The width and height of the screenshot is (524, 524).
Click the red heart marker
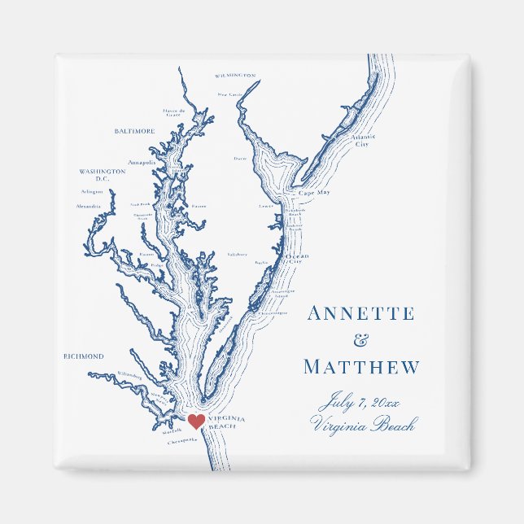coord(195,421)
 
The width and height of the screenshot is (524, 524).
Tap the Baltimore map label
coord(134,131)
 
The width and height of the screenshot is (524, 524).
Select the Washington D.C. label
coord(103,175)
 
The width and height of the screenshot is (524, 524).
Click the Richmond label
coord(84,356)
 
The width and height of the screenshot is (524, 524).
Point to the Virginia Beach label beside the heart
coord(227,422)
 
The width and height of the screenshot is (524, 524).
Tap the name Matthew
coord(361,367)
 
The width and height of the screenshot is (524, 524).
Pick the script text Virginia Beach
coord(363,424)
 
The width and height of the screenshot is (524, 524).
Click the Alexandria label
coord(89,207)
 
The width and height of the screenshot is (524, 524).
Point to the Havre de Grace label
coord(174,112)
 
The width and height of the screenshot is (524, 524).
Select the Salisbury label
coord(237,254)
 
